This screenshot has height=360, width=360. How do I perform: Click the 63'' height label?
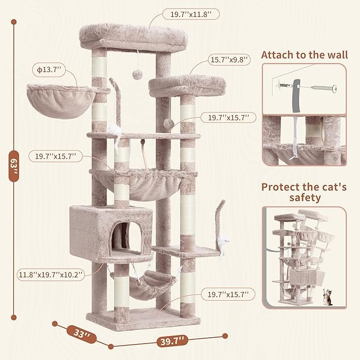[14, 166]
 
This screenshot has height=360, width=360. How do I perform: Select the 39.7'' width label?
[172, 341]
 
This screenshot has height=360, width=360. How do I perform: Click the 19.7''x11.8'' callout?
[191, 14]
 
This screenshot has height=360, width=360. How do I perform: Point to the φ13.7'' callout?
[49, 69]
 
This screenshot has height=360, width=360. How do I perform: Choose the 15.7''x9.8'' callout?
[229, 60]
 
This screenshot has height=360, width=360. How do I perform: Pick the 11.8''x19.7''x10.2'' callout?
[50, 275]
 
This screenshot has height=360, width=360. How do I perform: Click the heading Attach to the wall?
[304, 55]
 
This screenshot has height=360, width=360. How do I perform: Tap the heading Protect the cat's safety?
[304, 192]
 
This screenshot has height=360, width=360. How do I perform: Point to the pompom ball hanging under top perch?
[137, 74]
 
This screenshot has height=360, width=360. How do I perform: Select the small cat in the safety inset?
[328, 297]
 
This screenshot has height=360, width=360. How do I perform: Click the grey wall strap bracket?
[296, 96]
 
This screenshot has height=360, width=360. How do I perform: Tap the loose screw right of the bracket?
[324, 88]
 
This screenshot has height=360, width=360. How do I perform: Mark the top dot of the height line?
[14, 22]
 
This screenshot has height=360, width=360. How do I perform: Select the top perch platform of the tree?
[134, 37]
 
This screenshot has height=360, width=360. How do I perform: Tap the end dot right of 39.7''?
[225, 336]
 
